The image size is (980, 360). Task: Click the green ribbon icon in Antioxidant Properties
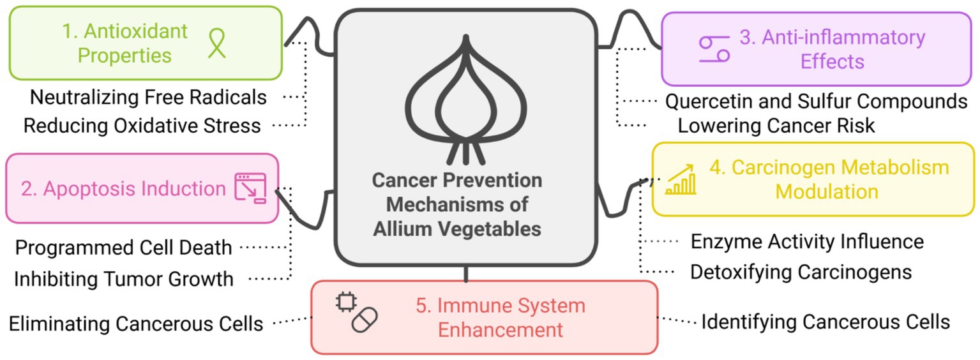point(217,43)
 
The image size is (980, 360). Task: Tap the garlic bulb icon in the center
point(465,102)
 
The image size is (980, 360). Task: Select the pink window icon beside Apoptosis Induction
point(250,188)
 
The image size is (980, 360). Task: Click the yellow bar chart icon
point(681,180)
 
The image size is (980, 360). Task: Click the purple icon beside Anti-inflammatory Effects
point(714,49)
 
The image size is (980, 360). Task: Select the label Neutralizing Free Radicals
point(148,98)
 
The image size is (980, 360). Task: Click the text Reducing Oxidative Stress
point(142,125)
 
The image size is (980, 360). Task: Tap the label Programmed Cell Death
point(124,248)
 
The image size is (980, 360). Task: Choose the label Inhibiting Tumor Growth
point(124,278)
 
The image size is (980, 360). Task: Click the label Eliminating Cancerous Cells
point(136,324)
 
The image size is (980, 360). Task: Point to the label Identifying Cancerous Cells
point(825,322)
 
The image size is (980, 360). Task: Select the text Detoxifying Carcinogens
point(801,272)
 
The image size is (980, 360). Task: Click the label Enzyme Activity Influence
point(807,242)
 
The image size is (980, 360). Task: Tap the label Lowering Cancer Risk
point(776,125)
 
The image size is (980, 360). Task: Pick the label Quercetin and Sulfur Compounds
point(817,101)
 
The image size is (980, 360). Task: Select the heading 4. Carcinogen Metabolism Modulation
point(828,179)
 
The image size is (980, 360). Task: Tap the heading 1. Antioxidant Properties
point(125,43)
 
